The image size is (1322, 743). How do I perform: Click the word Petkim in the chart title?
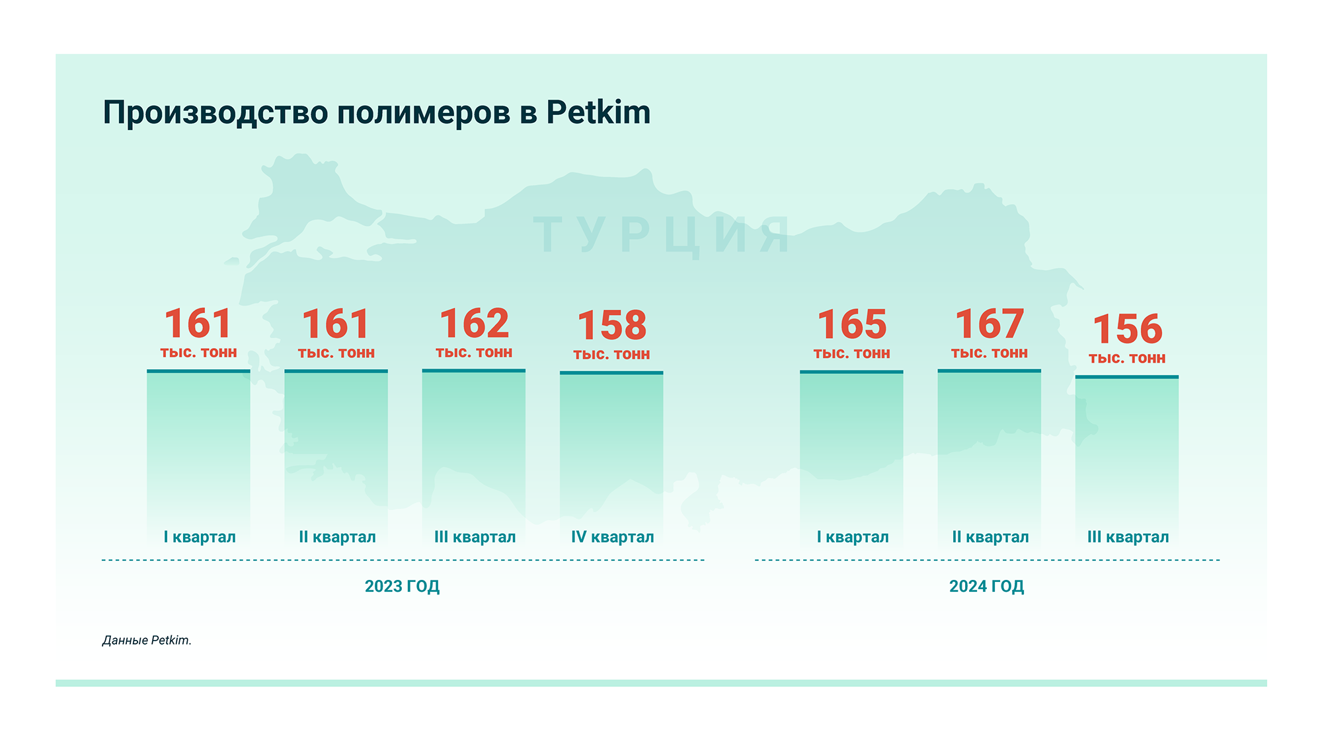[x=598, y=112]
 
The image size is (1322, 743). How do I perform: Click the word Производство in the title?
[x=215, y=112]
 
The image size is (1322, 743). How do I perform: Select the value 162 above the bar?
[x=474, y=324]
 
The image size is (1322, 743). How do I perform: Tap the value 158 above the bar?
[x=611, y=326]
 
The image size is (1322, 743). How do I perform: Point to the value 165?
[x=851, y=324]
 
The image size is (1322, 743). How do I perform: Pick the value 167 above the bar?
[x=989, y=324]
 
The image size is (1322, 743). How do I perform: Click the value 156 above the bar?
[x=1127, y=329]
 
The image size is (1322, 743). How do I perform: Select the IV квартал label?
[x=612, y=537]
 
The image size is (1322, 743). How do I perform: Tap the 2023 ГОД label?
[x=402, y=586]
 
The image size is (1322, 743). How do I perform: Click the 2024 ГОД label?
[x=986, y=586]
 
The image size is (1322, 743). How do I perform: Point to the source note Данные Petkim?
[x=147, y=640]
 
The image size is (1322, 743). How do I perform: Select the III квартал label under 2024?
[x=1128, y=537]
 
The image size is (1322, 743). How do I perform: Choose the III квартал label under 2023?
[x=475, y=537]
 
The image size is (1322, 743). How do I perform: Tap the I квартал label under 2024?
[x=852, y=537]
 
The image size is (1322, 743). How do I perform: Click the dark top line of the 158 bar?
[x=611, y=372]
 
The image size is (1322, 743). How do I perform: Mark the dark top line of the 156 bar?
[x=1127, y=376]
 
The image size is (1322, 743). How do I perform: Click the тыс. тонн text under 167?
[x=989, y=353]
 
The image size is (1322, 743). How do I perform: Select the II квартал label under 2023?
[x=337, y=537]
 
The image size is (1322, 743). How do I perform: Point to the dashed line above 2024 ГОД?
[x=986, y=560]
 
